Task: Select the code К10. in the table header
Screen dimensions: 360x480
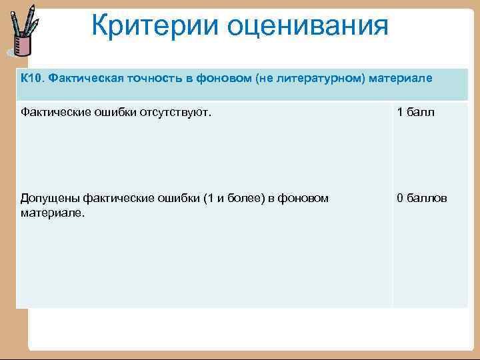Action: (31, 78)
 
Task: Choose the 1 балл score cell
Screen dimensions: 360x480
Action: (415, 112)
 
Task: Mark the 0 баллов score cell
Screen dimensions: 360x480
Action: (422, 198)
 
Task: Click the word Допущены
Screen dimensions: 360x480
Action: (48, 198)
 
